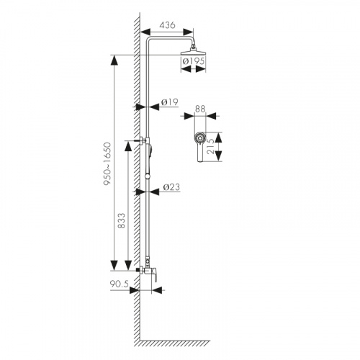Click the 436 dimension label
(167, 25)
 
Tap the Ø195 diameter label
(194, 61)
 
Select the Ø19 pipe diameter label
(170, 102)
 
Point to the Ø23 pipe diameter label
(171, 187)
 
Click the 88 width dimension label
(200, 109)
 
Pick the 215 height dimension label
(210, 147)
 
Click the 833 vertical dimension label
(122, 220)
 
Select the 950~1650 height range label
(107, 164)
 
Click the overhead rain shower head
(193, 51)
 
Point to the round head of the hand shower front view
(199, 138)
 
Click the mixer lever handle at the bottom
(153, 274)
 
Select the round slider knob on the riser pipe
(148, 177)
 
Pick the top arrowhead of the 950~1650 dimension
(114, 60)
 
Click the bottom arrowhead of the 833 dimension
(128, 266)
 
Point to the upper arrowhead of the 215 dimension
(218, 138)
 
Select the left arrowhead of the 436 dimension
(145, 32)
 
